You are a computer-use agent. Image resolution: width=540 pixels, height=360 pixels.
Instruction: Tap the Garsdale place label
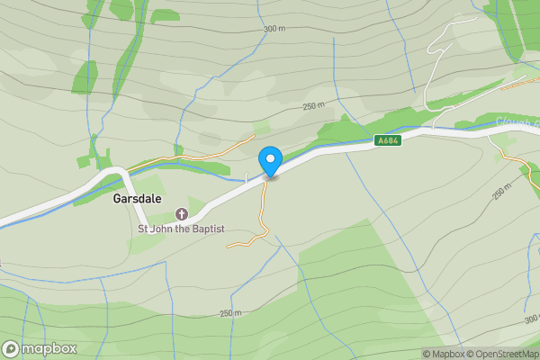(x=137, y=198)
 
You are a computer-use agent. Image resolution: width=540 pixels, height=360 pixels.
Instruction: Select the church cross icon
(x=181, y=214)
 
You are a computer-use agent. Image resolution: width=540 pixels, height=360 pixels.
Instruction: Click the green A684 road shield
(x=387, y=140)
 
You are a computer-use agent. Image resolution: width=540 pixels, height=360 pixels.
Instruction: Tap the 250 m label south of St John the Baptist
(x=230, y=313)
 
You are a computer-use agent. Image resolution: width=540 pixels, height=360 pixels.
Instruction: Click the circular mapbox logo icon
(x=11, y=349)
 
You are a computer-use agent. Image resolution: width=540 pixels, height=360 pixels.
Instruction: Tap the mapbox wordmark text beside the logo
(x=49, y=349)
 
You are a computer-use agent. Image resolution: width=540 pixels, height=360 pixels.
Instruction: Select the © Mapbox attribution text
(x=443, y=354)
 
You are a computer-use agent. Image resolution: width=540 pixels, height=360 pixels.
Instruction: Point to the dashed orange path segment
(x=520, y=85)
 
